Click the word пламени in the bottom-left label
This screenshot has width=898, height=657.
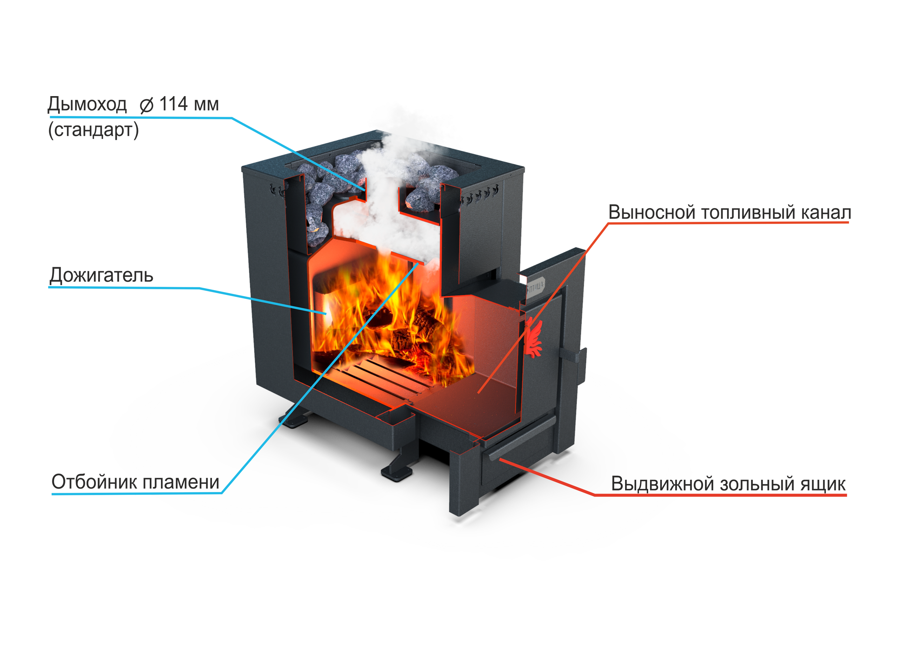(x=181, y=482)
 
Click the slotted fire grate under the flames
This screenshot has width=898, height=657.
(x=382, y=374)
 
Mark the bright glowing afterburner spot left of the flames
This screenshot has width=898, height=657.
(x=327, y=308)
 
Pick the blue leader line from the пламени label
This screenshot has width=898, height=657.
(x=318, y=378)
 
